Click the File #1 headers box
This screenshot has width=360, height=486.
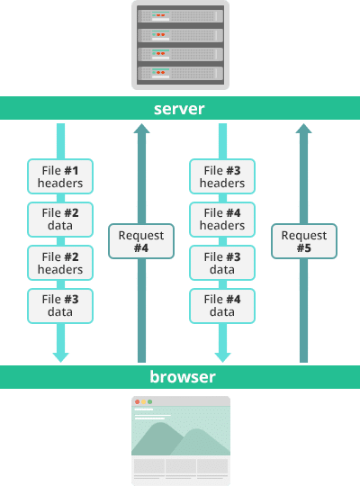(60, 176)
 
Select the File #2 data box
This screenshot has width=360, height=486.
(60, 219)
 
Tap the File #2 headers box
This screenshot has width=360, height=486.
(60, 263)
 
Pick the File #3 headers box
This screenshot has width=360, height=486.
(222, 176)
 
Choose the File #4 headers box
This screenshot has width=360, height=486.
(222, 219)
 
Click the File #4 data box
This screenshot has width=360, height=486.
(222, 306)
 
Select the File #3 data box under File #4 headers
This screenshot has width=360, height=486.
(222, 263)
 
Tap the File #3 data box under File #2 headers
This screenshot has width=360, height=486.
(60, 306)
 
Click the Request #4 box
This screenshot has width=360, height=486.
(141, 241)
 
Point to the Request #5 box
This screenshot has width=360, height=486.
(304, 241)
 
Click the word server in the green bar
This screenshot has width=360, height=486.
(179, 109)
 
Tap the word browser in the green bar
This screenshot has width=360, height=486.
(180, 376)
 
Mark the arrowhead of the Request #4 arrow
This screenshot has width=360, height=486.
(141, 130)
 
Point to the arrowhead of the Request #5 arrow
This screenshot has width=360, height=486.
(304, 130)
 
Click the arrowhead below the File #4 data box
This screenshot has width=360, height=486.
(222, 356)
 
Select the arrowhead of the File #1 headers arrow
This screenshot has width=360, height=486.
(60, 356)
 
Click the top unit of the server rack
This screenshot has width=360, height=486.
(180, 14)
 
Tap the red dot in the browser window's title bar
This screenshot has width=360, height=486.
(137, 401)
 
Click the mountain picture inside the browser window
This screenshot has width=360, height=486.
(180, 438)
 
